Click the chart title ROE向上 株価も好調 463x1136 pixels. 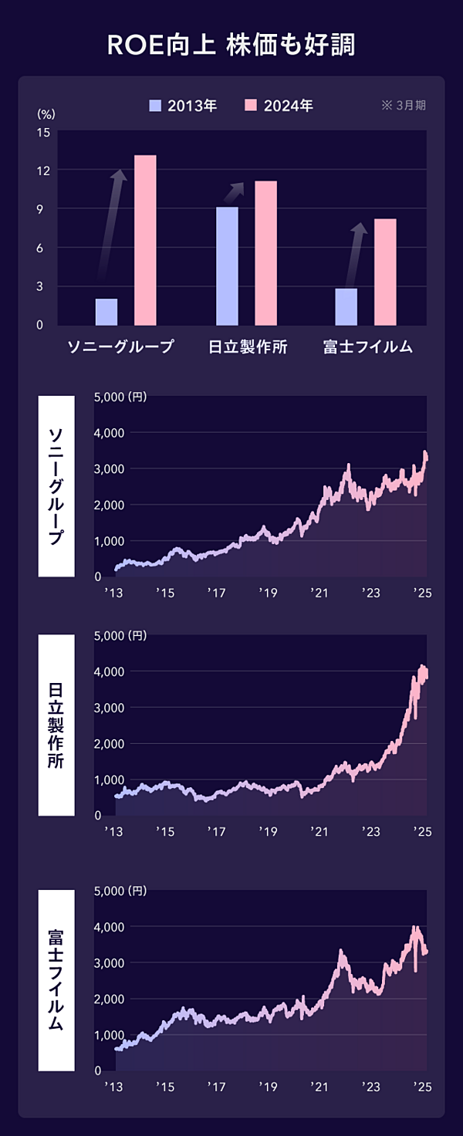[231, 45]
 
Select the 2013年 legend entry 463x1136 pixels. [184, 106]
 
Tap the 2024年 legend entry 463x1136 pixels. [279, 106]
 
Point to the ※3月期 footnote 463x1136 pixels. [404, 106]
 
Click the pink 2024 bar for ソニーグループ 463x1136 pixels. [145, 240]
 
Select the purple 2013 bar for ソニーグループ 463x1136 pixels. [106, 312]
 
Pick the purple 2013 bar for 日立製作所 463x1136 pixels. [227, 266]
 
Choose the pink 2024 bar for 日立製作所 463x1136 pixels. [265, 253]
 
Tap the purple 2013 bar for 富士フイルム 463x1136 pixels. [346, 306]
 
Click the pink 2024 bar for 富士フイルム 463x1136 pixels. [385, 272]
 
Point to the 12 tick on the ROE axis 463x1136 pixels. [43, 171]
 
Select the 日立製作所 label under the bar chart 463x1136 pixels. [248, 347]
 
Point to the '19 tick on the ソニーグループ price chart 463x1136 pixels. [268, 593]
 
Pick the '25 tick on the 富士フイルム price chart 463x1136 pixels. [421, 1087]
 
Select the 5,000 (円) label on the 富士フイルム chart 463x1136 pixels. [120, 891]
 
